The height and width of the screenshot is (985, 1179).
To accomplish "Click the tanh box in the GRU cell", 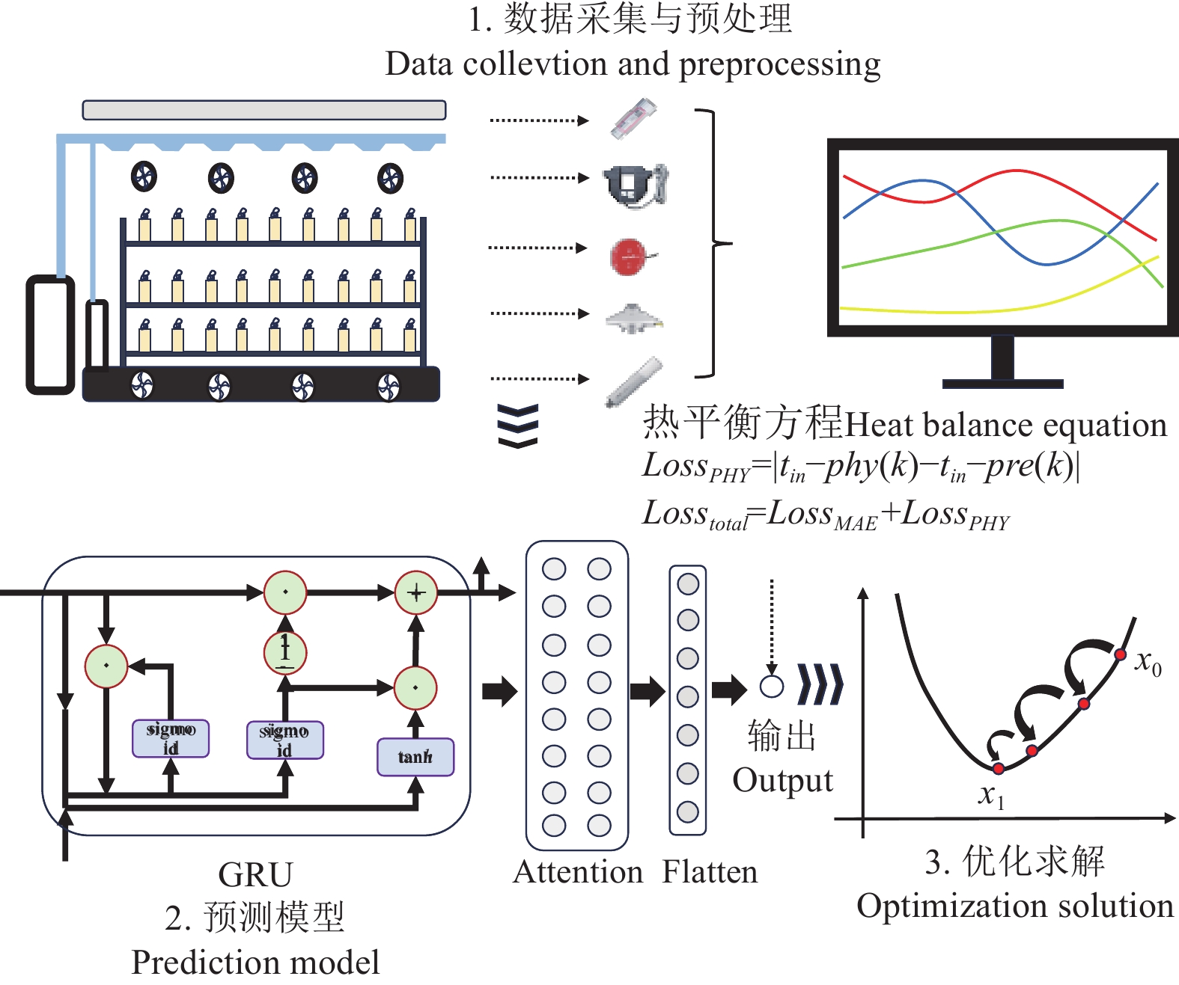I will click(415, 757).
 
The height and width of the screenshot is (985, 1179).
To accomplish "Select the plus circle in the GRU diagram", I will click(416, 593).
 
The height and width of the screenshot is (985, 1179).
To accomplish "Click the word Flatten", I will click(710, 872).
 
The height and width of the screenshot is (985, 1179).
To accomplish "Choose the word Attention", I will click(578, 872).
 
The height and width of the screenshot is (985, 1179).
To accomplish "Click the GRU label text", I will click(255, 874).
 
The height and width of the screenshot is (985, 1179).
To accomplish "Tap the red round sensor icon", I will click(629, 257).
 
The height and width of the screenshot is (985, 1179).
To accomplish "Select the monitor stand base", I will click(1002, 384).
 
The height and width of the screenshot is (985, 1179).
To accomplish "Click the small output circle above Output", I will click(772, 686).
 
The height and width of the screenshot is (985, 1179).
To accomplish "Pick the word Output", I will click(782, 781).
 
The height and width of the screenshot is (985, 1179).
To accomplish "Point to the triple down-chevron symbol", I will click(518, 426).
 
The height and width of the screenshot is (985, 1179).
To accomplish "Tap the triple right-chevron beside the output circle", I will click(820, 684).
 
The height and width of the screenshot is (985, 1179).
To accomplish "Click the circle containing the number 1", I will click(285, 652).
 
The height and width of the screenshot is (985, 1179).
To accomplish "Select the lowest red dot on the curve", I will click(998, 768).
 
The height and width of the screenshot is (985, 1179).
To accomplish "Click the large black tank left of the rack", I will click(51, 334).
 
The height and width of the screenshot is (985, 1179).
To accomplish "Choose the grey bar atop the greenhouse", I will click(264, 110).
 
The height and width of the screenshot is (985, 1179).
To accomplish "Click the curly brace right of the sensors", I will click(711, 244).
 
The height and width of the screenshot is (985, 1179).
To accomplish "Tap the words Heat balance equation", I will click(1005, 425).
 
